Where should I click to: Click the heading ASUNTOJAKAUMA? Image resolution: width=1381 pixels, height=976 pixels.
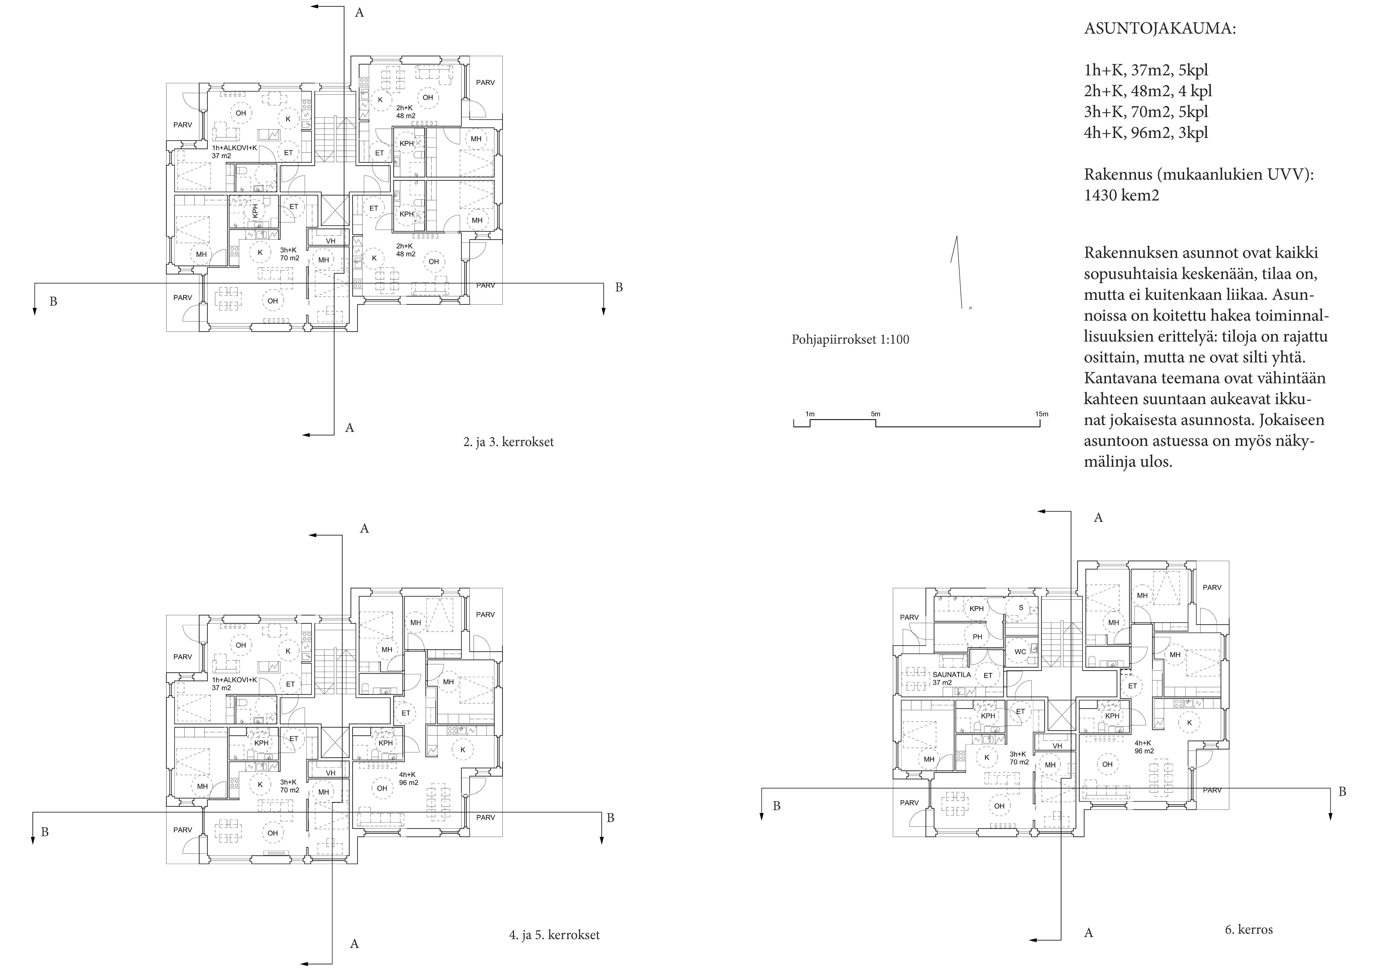pyautogui.click(x=1160, y=29)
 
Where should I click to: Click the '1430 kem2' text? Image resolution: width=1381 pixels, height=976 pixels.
pyautogui.click(x=1121, y=195)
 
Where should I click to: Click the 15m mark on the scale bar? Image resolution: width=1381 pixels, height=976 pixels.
pyautogui.click(x=1041, y=414)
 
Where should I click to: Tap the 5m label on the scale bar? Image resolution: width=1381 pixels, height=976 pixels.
pyautogui.click(x=875, y=414)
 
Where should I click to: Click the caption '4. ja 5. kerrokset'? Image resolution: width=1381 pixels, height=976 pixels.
pyautogui.click(x=554, y=935)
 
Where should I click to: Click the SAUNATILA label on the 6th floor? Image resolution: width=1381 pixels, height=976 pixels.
pyautogui.click(x=951, y=675)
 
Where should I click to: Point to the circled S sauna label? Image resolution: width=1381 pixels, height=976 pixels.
pyautogui.click(x=1021, y=608)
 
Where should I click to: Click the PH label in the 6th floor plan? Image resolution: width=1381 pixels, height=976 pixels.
pyautogui.click(x=977, y=637)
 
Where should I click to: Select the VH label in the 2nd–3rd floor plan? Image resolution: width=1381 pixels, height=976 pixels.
pyautogui.click(x=330, y=241)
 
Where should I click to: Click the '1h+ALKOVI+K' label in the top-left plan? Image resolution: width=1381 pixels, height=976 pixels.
pyautogui.click(x=235, y=148)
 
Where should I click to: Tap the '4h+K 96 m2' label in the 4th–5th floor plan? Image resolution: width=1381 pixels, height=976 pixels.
pyautogui.click(x=408, y=779)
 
